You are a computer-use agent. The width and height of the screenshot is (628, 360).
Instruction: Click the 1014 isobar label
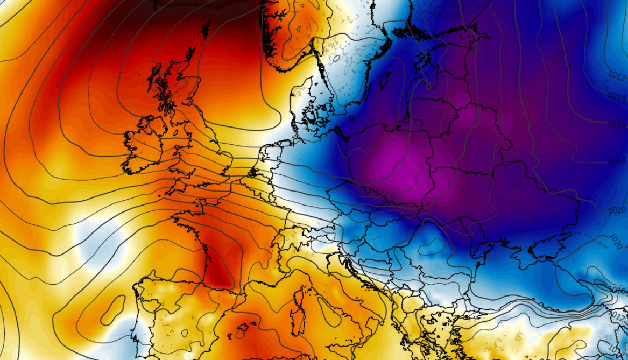pos(617,95)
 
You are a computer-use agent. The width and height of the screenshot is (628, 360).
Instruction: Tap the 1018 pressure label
pos(617,161)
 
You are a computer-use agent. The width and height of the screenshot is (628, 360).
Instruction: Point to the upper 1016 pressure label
pos(617,124)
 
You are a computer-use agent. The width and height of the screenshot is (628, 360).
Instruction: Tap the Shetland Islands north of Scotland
pos(206,30)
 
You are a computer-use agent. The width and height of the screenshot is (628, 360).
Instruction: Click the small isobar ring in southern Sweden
pos(337,58)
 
